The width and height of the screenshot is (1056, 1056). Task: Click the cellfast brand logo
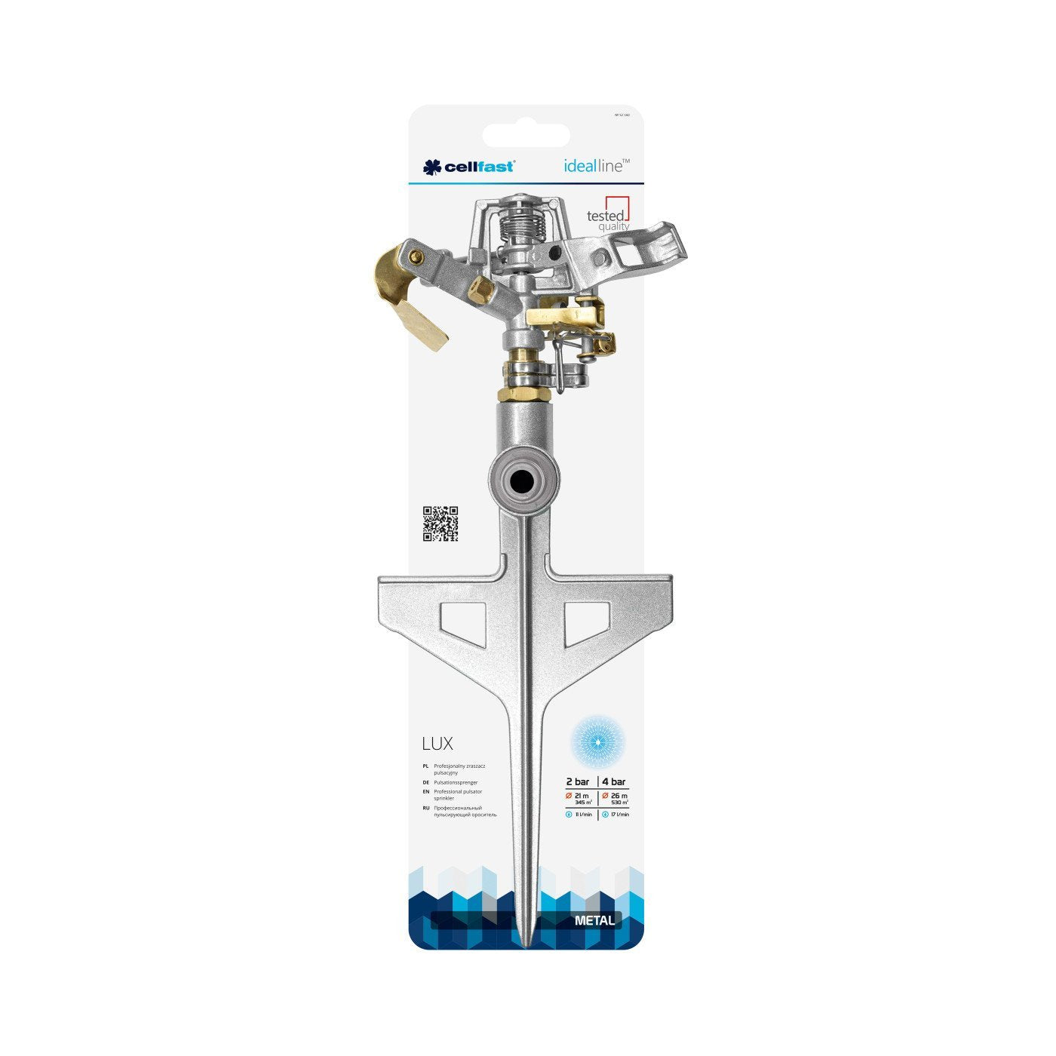(x=468, y=167)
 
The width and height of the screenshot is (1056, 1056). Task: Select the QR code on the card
(x=440, y=523)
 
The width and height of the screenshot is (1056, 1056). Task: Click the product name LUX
(x=437, y=744)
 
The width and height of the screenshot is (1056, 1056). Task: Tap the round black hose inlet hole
(x=523, y=480)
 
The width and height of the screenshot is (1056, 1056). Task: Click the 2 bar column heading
(x=578, y=781)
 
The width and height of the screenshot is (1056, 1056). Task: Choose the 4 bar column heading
(x=613, y=781)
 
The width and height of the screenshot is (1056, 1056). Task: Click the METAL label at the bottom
(x=594, y=920)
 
